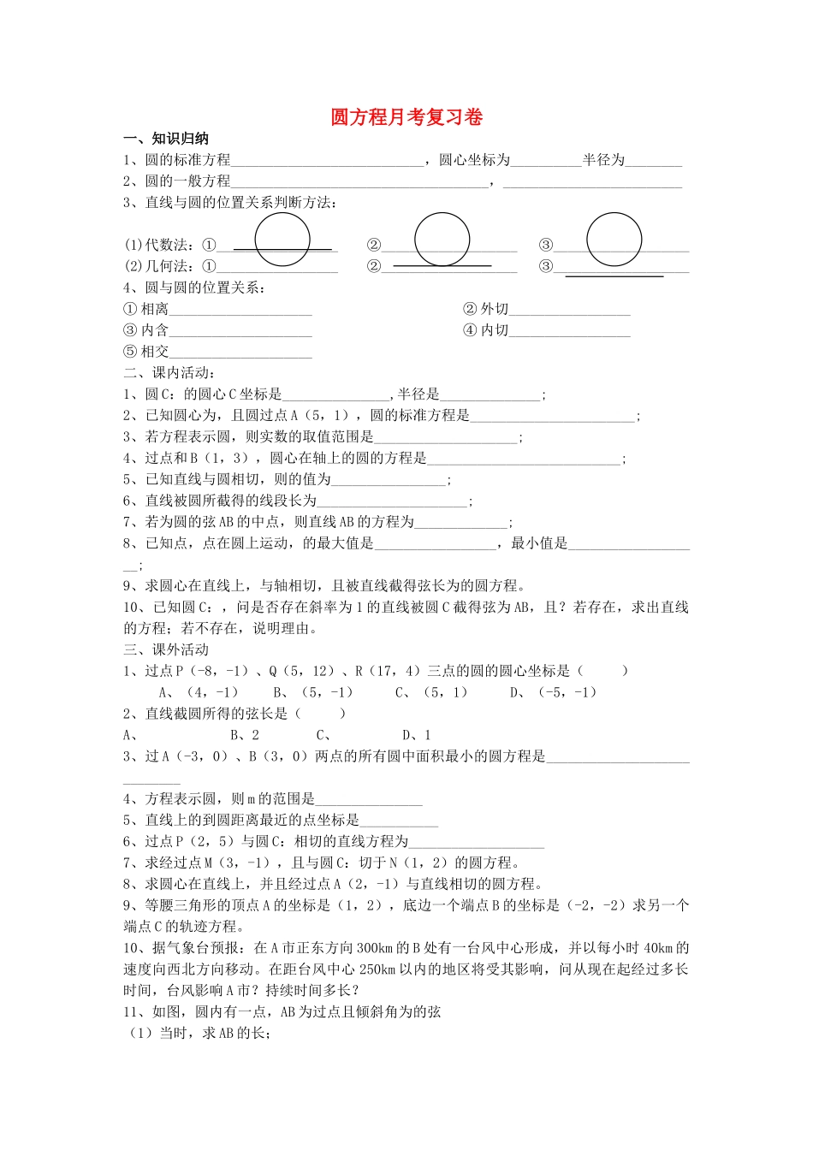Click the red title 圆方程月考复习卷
coord(406,117)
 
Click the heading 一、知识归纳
coord(166,139)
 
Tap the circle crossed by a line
coord(282,240)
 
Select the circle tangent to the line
coord(442,240)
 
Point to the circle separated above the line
coord(614,240)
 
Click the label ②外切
coord(485,309)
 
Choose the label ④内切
coord(485,330)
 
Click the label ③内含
coord(146,330)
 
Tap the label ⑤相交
coord(146,352)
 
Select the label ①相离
coord(146,309)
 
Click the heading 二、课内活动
coord(169,372)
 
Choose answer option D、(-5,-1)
coord(554,692)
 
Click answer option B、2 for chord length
coord(245,735)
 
